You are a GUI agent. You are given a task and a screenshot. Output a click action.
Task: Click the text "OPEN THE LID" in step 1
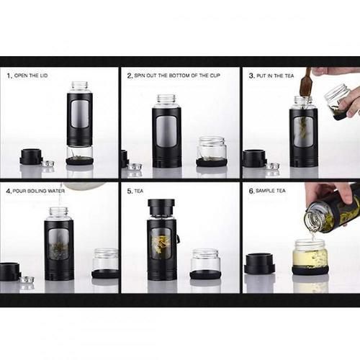point(31,76)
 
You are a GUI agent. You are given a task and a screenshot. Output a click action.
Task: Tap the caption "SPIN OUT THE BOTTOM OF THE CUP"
point(177,76)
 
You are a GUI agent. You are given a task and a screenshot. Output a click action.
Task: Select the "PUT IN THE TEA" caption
point(275,76)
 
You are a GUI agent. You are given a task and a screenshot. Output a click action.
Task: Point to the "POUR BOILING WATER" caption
point(39,191)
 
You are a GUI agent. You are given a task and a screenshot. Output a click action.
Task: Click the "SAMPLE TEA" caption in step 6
point(271,191)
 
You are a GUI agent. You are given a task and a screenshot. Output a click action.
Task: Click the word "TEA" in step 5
point(139,191)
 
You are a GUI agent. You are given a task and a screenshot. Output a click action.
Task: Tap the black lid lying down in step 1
point(31,157)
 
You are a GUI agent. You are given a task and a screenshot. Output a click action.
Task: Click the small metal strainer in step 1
point(48,164)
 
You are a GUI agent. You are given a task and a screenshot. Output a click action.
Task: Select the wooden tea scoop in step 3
point(305,82)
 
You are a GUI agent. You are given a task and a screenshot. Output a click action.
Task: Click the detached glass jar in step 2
point(211,152)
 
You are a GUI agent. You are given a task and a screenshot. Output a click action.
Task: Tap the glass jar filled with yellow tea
point(310,257)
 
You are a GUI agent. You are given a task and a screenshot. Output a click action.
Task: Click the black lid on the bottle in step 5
point(161,207)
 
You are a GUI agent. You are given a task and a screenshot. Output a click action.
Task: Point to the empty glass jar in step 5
point(206,264)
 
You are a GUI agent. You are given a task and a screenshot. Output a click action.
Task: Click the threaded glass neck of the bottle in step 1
point(79,87)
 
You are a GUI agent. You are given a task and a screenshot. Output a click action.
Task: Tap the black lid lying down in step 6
point(259,264)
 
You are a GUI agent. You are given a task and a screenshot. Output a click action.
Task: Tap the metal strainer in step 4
point(27,280)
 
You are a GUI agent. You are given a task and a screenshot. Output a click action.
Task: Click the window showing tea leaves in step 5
point(161,243)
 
